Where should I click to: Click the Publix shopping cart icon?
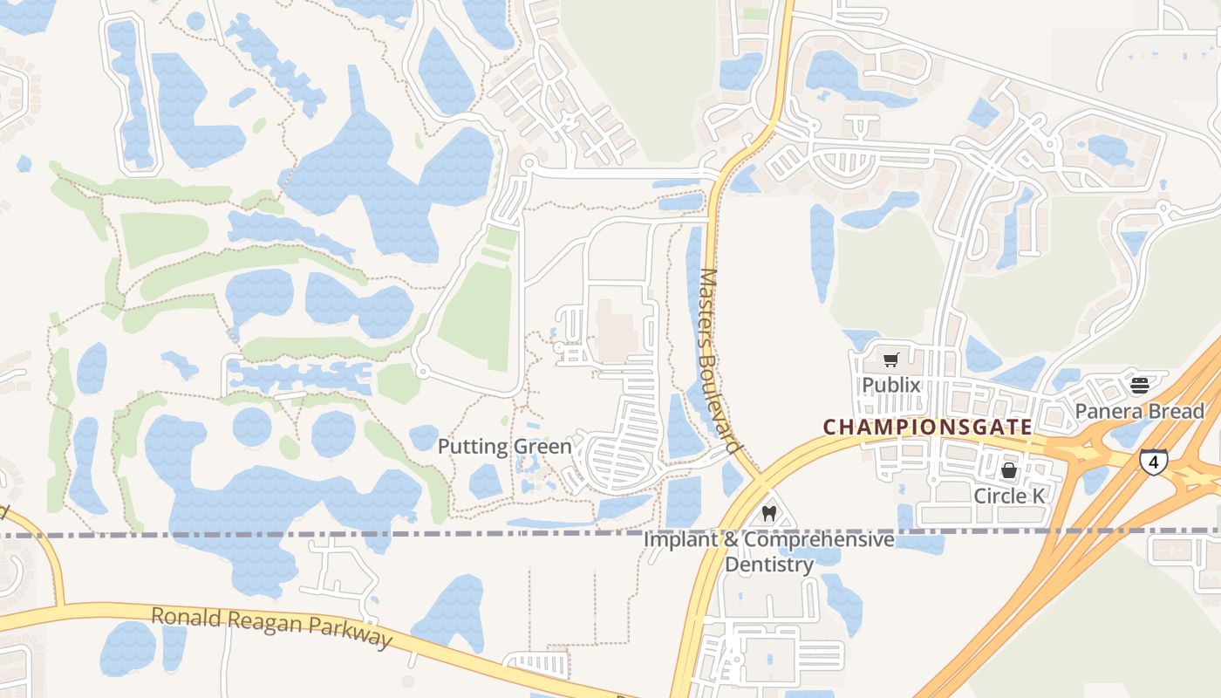pyautogui.click(x=890, y=359)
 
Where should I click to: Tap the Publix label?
pyautogui.click(x=891, y=385)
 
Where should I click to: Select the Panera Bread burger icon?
pyautogui.click(x=1139, y=384)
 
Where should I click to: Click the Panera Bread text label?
pyautogui.click(x=1139, y=410)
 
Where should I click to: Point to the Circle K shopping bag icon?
pyautogui.click(x=1009, y=470)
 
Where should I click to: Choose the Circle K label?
pyautogui.click(x=1009, y=495)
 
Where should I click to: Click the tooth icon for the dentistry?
pyautogui.click(x=768, y=513)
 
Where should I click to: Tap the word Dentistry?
pyautogui.click(x=769, y=565)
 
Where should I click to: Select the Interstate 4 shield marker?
pyautogui.click(x=1153, y=462)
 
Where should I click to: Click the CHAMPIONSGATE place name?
pyautogui.click(x=928, y=428)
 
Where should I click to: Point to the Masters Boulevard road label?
pyautogui.click(x=720, y=358)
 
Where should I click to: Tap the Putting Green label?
pyautogui.click(x=504, y=447)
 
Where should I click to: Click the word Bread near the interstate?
pyautogui.click(x=1177, y=410)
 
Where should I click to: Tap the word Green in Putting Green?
pyautogui.click(x=542, y=447)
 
